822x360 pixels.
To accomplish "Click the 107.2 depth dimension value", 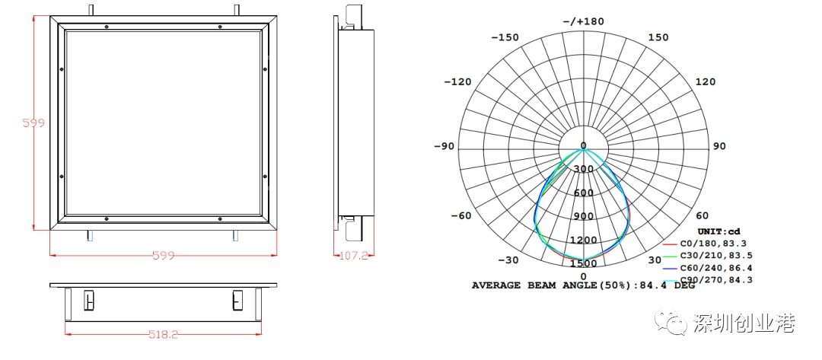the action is click(x=355, y=256).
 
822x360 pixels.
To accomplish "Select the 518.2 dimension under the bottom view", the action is click(x=163, y=334).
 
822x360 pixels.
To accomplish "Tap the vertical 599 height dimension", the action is click(x=33, y=123).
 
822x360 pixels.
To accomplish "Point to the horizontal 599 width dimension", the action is click(x=163, y=255).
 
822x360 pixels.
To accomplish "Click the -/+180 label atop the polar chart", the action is click(x=584, y=21).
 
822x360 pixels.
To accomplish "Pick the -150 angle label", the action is click(x=505, y=37).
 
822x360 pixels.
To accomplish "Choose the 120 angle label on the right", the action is click(x=705, y=81).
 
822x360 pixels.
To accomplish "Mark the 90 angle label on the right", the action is click(x=720, y=146).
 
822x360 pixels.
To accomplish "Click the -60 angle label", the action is click(x=461, y=215).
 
